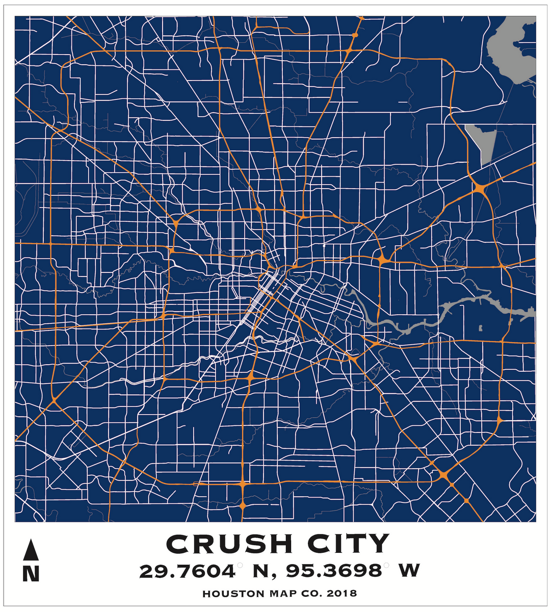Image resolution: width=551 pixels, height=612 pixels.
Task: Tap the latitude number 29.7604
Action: click(187, 571)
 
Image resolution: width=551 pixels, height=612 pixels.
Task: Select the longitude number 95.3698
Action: click(333, 571)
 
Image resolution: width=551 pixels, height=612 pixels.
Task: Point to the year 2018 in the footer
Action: click(342, 594)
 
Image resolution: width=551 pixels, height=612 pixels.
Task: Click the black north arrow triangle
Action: click(31, 551)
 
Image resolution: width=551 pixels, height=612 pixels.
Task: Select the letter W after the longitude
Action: click(409, 571)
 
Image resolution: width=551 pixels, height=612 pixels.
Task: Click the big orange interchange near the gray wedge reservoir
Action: click(479, 189)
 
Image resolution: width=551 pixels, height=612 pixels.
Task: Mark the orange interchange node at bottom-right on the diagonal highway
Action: click(443, 475)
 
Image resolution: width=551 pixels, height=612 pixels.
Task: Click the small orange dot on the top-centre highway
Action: click(354, 35)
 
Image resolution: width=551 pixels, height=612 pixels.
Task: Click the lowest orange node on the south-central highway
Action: click(243, 505)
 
